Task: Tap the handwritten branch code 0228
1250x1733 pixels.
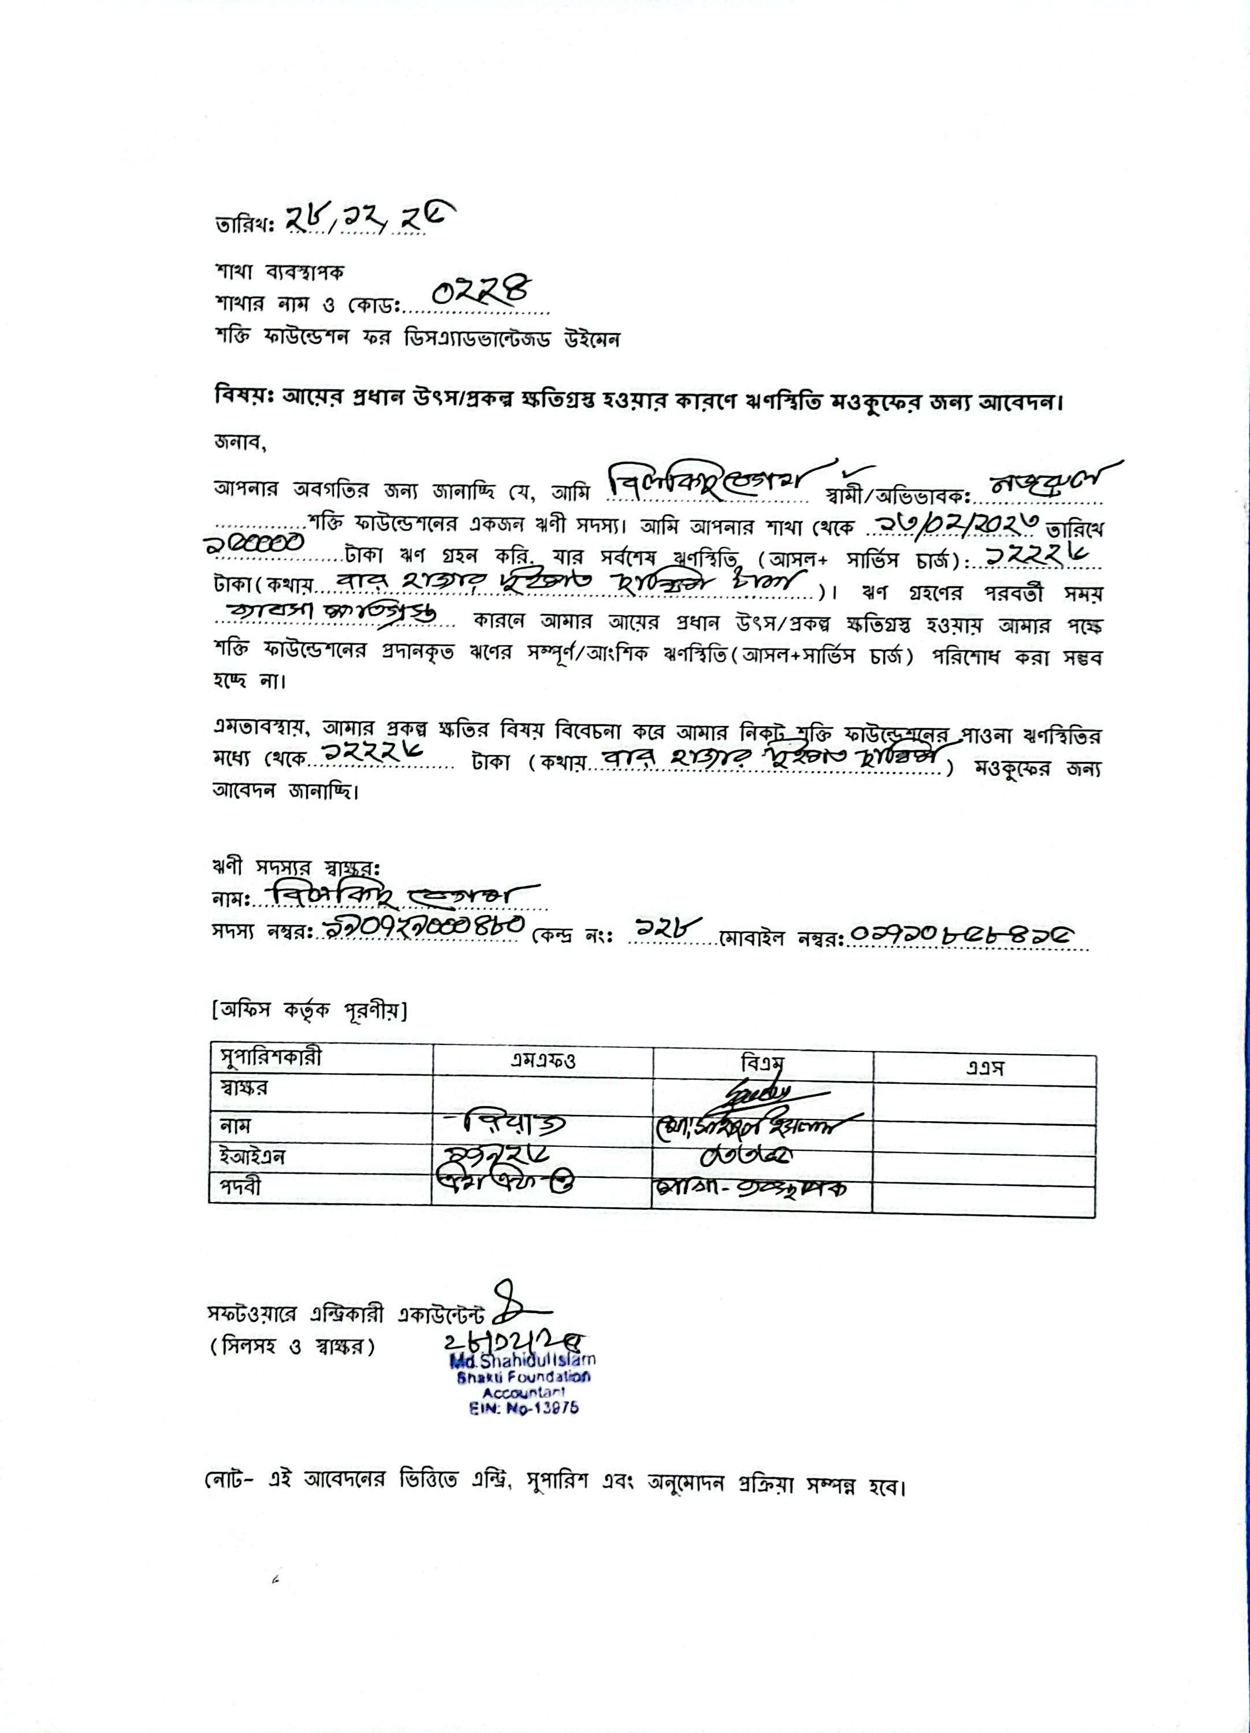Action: pos(481,292)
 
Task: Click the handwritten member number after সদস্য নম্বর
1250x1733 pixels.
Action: pos(421,930)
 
